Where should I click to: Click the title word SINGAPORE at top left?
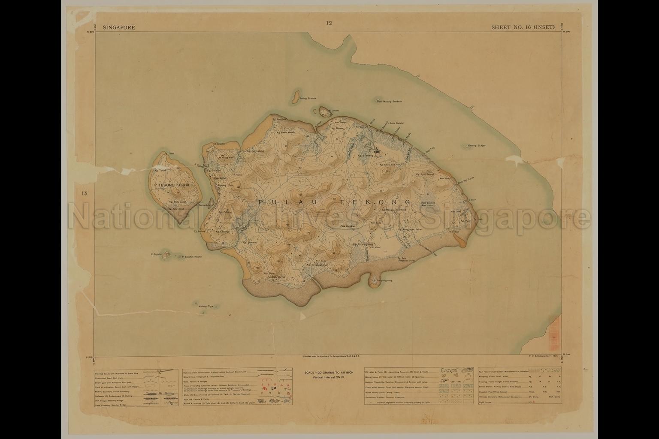[119, 27]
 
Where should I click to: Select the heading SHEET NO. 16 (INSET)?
[523, 27]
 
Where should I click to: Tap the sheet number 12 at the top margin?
[329, 23]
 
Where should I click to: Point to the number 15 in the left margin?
[85, 193]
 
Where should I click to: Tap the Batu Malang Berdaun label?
[389, 102]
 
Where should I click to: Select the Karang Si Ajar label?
[477, 145]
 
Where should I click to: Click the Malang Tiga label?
[206, 306]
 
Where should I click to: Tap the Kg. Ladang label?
[223, 231]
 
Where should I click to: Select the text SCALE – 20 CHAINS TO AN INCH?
[328, 373]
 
